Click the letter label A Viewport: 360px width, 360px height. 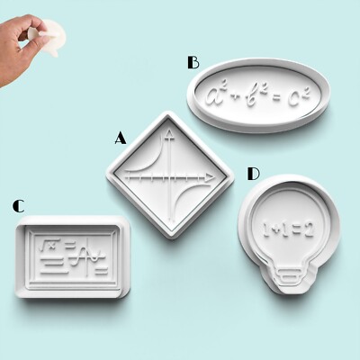120,138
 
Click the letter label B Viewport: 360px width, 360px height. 193,62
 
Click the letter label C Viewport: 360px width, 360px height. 18,206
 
